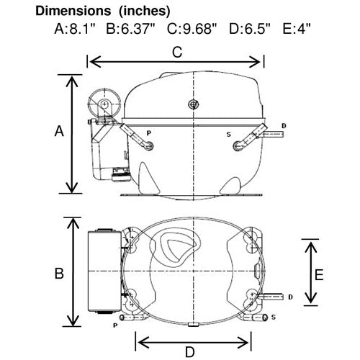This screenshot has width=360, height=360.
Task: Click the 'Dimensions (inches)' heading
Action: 103,11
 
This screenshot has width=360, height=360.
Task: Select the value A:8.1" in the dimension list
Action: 75,29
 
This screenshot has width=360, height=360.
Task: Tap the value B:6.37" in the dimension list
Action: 131,29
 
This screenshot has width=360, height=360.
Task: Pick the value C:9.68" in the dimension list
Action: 192,29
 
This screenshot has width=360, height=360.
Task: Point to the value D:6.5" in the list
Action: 250,29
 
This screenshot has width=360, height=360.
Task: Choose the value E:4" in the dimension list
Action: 297,29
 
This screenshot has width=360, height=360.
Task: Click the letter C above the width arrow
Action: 177,52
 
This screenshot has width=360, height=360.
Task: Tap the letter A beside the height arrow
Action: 59,131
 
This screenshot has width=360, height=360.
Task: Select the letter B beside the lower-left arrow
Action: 59,274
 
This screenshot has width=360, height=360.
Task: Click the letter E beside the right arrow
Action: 319,275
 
